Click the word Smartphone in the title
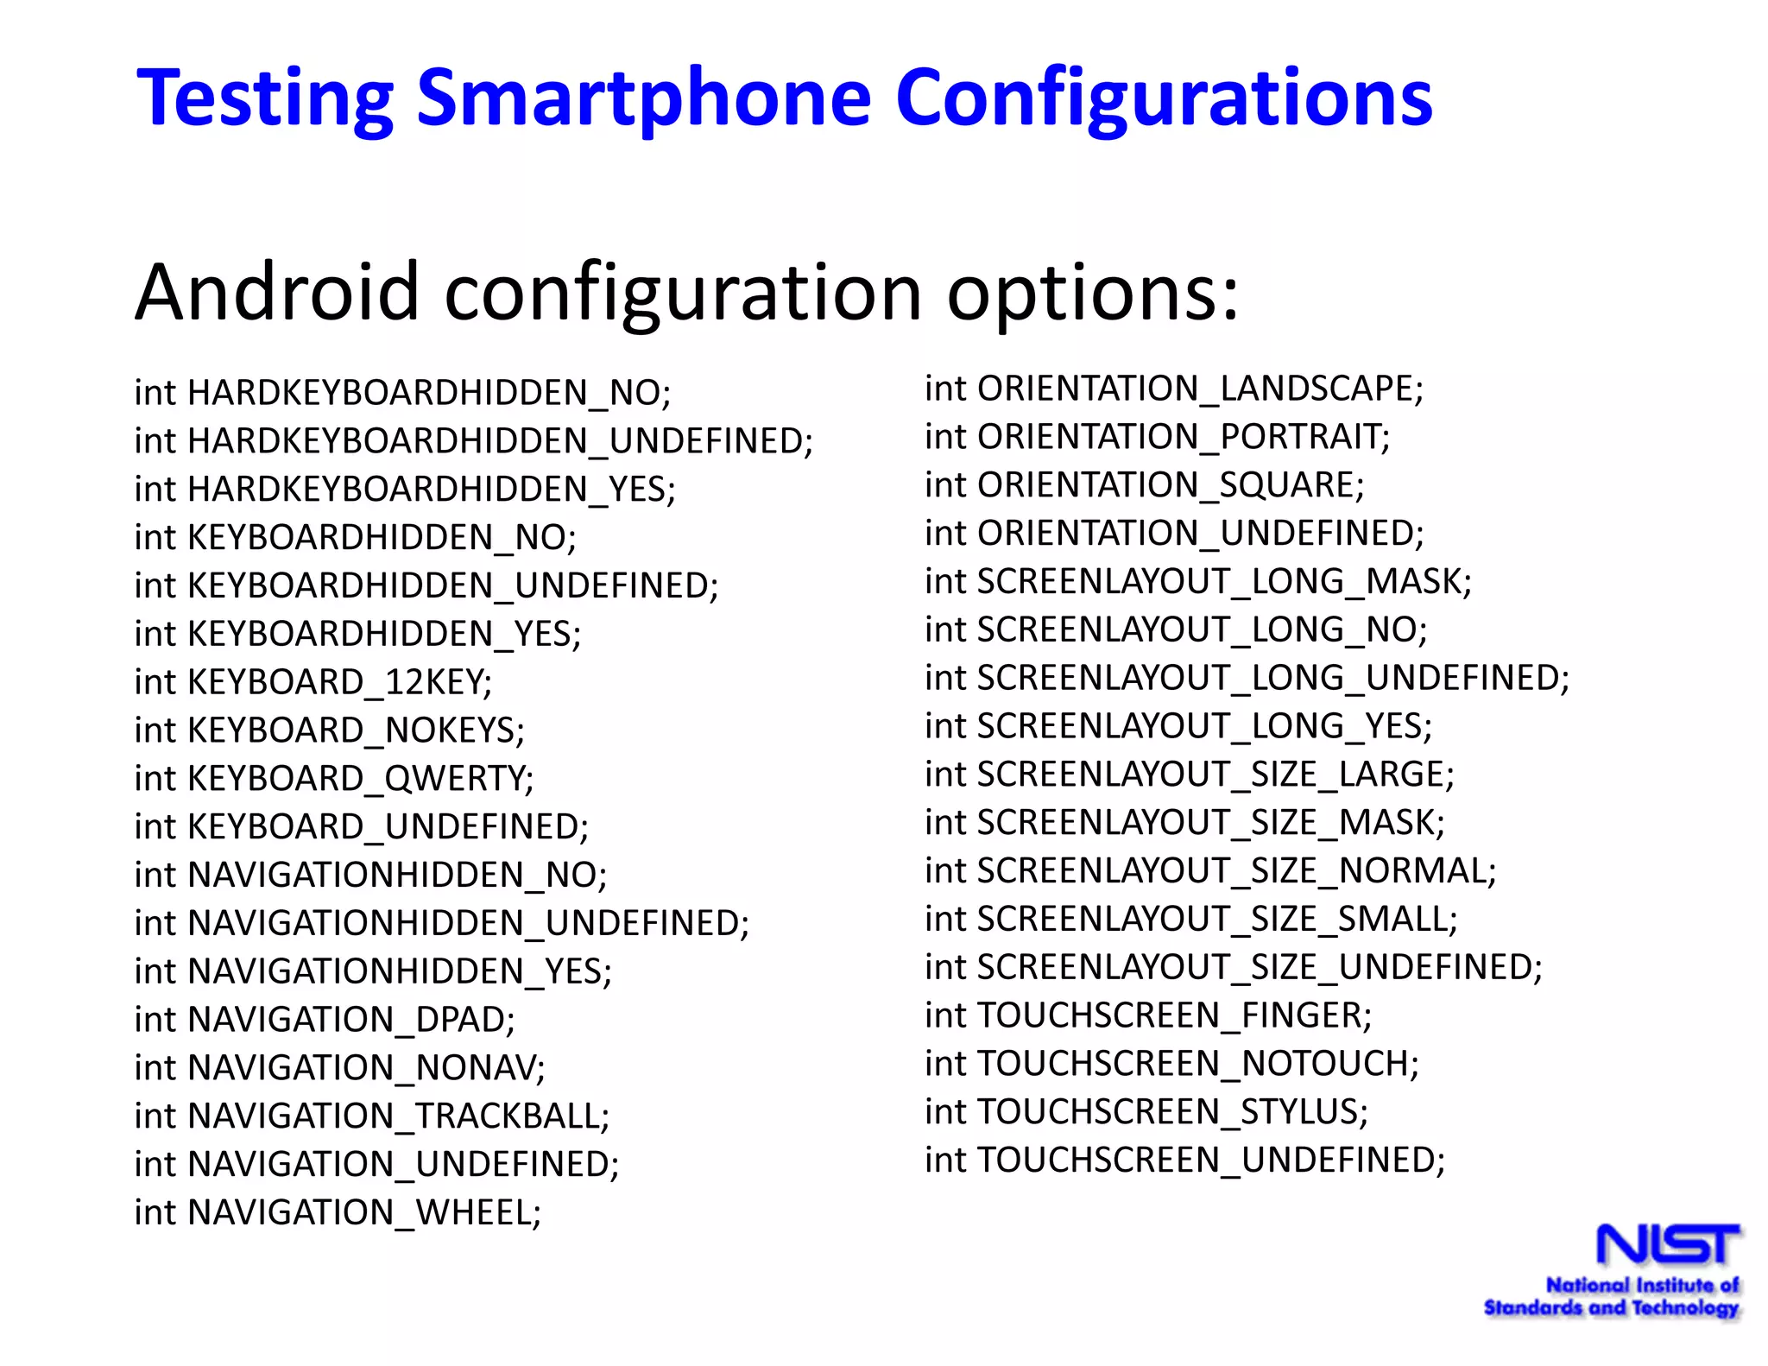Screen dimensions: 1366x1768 tap(644, 98)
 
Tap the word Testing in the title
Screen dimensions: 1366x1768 tap(266, 98)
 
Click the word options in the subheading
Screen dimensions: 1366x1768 tap(1093, 294)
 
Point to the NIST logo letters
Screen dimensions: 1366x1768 tap(1668, 1244)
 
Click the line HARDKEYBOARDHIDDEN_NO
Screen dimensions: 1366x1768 tap(402, 393)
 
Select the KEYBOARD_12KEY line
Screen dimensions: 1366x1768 tap(313, 682)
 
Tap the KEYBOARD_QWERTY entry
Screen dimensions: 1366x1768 tap(334, 779)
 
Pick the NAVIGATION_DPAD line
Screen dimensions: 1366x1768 tap(325, 1020)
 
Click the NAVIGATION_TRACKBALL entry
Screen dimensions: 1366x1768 tap(372, 1116)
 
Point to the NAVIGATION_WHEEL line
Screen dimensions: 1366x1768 tap(338, 1213)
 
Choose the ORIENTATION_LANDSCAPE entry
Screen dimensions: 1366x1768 tap(1174, 389)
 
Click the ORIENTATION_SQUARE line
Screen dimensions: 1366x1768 tap(1145, 485)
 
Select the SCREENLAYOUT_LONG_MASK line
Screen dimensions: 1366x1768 tap(1198, 582)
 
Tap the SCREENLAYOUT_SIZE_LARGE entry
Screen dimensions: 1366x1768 tap(1190, 775)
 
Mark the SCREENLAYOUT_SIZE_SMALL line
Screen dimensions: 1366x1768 tap(1191, 920)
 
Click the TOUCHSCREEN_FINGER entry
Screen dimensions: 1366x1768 tap(1148, 1015)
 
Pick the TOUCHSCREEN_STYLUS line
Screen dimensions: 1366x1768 tap(1146, 1112)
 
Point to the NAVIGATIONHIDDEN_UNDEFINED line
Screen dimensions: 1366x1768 tap(442, 923)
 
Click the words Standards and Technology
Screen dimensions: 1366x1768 tap(1611, 1308)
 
